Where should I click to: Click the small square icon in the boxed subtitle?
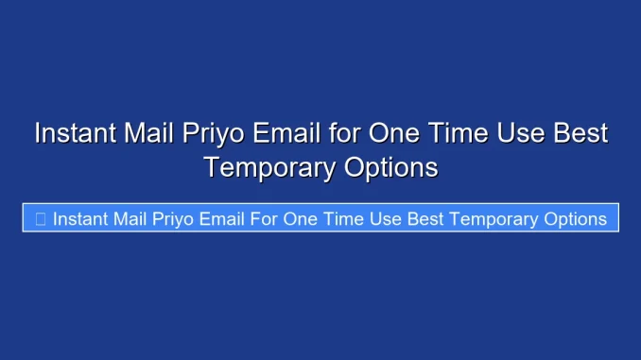40,219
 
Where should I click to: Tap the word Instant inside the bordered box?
83,219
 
